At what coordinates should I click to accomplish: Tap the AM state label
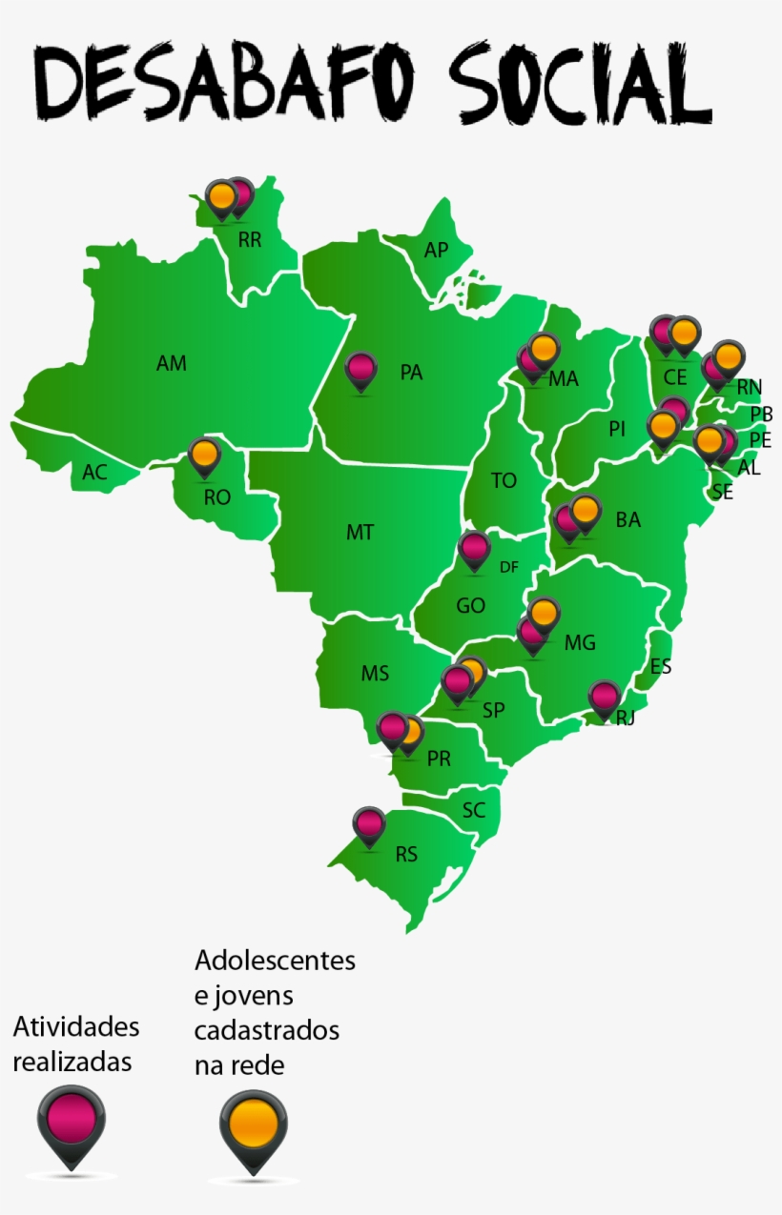(x=172, y=363)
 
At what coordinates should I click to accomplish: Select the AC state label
(x=94, y=472)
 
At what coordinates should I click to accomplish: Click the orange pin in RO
(x=204, y=456)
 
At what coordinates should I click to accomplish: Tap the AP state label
(x=436, y=250)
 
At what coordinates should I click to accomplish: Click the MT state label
(x=360, y=533)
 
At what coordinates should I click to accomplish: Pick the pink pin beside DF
(x=474, y=549)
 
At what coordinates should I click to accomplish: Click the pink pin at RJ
(x=604, y=697)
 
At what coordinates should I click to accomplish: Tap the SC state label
(x=474, y=811)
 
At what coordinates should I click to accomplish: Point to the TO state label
(x=504, y=480)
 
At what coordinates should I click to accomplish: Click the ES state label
(x=660, y=666)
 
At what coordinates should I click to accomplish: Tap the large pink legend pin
(x=72, y=1123)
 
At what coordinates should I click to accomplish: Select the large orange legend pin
(x=253, y=1125)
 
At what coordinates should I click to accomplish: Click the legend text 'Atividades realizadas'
(x=75, y=1043)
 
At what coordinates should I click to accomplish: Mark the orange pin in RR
(x=221, y=197)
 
